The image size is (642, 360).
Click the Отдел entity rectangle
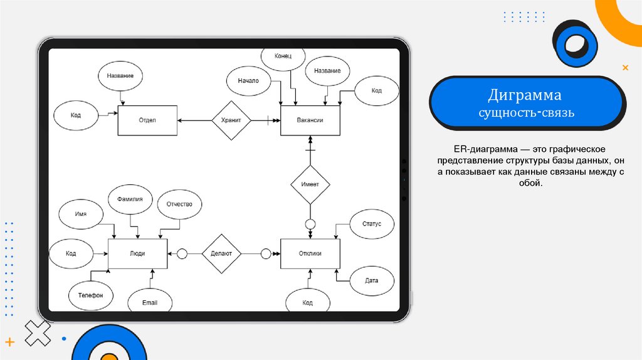coord(147,120)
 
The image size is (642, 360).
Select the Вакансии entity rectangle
coord(310,120)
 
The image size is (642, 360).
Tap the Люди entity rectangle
coord(137,253)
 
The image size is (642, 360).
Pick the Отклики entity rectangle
coord(310,253)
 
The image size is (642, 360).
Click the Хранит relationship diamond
coord(231,120)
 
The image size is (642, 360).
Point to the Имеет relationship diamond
coord(310,184)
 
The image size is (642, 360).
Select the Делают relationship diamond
coord(221,253)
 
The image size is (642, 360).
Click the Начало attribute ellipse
coord(248,82)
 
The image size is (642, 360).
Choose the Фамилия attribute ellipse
coord(130,199)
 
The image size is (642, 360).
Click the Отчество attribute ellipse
coord(184,204)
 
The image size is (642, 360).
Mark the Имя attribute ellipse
coord(80,214)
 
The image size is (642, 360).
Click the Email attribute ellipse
coord(149,302)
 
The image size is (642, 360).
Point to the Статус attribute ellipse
coord(372,224)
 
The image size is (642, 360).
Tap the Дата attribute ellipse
coord(372,280)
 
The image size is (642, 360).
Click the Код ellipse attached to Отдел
coord(76,115)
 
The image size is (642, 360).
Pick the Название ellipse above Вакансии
coord(327,71)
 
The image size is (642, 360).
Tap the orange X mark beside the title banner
coord(624,67)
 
